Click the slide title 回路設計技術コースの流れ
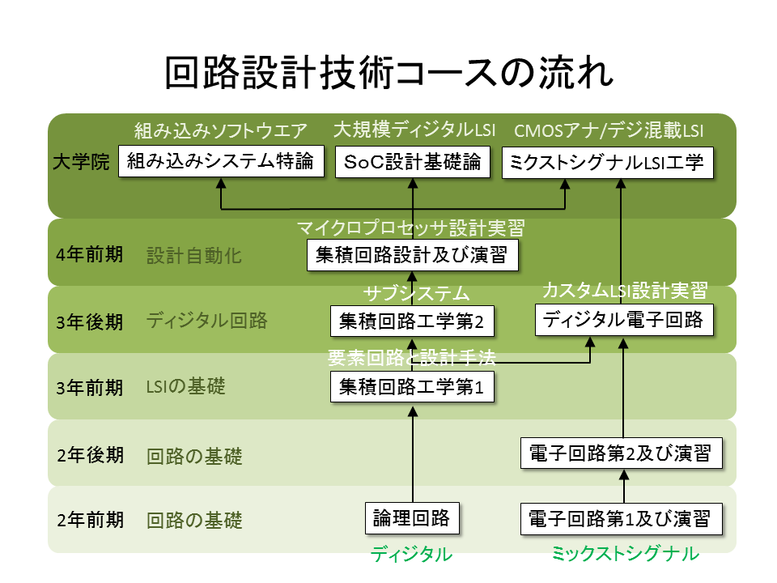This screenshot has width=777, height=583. pos(388,73)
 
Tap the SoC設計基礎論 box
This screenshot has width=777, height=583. pos(413,162)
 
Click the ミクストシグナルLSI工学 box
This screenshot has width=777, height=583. pos(608,162)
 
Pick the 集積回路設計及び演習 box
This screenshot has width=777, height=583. pos(413,255)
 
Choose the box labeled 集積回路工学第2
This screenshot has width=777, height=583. pos(413,321)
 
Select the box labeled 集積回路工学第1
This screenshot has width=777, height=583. pos(413,388)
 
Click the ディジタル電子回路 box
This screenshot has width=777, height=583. pos(624,319)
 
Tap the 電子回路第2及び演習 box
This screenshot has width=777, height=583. pos(620,453)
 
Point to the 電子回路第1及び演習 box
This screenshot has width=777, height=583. pos(620,518)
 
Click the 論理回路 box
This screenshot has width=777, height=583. pos(413,518)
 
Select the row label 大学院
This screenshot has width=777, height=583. pos(81,162)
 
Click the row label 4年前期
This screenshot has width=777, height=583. pos(90,255)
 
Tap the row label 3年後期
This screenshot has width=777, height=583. pos(90,321)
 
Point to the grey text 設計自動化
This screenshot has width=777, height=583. pos(194,256)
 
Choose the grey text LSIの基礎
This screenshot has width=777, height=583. pos(185,388)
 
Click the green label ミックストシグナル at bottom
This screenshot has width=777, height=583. pos(624,555)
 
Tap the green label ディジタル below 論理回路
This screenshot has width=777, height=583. pos(411,555)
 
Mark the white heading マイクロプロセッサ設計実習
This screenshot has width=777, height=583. pos(411,228)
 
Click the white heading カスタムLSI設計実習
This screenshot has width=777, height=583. pos(624,290)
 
